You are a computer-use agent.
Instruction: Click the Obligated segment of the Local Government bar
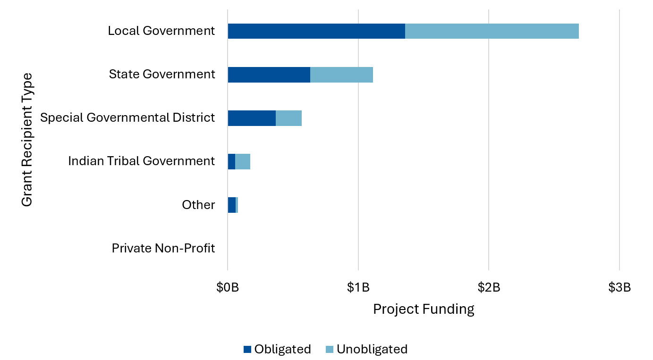coord(316,31)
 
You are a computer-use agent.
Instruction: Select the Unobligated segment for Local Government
coord(492,31)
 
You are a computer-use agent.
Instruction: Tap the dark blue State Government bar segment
coord(269,75)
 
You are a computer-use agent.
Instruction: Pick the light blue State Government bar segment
coord(341,75)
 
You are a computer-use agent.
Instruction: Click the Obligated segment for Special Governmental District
coord(252,118)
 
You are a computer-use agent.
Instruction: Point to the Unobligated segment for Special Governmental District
coord(288,118)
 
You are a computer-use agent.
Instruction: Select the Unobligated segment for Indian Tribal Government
coord(243,161)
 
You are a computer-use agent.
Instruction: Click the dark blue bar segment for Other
coord(231,205)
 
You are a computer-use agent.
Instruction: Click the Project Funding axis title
coord(424,309)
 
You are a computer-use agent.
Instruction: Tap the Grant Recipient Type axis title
coord(27,139)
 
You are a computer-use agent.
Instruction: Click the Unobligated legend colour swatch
coord(330,349)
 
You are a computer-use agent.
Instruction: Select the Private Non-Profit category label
coord(163,248)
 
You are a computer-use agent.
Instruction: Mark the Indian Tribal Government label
coord(141,161)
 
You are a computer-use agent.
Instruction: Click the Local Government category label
coord(161,31)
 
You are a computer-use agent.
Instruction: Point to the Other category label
coord(198,205)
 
